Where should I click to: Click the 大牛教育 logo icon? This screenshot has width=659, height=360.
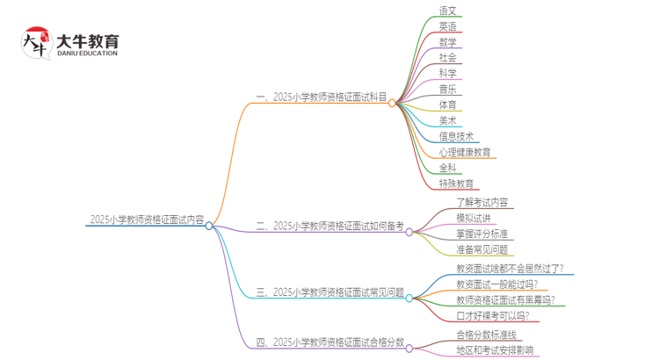(36, 45)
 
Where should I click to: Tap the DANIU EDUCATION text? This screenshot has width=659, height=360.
(86, 54)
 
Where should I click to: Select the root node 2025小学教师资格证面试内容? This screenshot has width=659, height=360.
(147, 220)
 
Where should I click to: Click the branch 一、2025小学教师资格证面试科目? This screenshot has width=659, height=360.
(321, 97)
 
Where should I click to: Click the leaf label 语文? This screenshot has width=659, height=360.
(448, 11)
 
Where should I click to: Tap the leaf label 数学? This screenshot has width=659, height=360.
(448, 42)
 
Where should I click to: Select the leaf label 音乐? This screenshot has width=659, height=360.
(448, 90)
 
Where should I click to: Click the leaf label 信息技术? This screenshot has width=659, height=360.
(456, 136)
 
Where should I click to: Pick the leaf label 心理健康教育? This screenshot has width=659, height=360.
(465, 153)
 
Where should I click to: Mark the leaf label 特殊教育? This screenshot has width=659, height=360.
(456, 184)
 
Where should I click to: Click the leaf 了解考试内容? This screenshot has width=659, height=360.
(482, 203)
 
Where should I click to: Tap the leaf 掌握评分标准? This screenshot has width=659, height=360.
(482, 234)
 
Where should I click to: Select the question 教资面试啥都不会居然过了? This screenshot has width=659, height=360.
(511, 269)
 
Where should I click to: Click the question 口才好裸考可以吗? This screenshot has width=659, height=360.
(492, 316)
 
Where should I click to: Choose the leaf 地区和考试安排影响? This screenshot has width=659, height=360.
(494, 351)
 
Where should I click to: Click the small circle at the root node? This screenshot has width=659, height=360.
(209, 226)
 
